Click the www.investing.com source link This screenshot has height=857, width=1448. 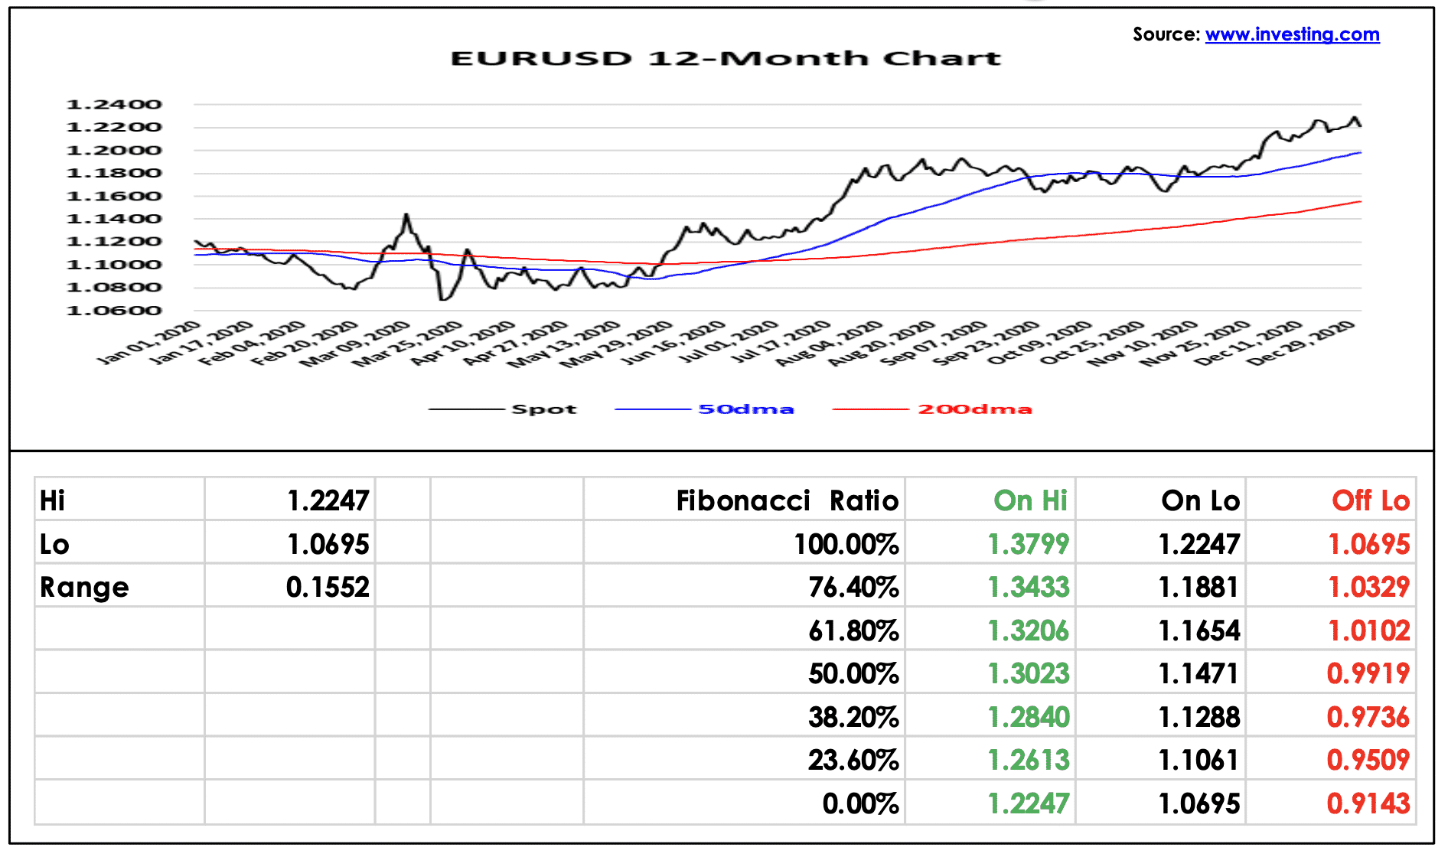point(1292,34)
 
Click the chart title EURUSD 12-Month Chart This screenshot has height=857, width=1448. point(726,59)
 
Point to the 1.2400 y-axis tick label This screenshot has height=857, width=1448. point(114,105)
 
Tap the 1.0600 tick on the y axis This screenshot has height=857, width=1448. point(114,311)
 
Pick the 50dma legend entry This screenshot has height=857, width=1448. point(704,409)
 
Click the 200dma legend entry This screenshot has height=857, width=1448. point(932,409)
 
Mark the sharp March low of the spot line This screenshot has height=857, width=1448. point(442,299)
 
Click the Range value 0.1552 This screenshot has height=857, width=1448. point(328,587)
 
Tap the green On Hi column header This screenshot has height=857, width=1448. point(1030,500)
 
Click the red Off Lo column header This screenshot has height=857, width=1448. point(1371,500)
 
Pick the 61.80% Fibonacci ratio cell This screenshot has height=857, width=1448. point(853,631)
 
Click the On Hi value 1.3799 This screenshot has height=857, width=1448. point(1028,544)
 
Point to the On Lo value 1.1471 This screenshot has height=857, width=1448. point(1199,673)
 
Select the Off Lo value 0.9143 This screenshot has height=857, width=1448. point(1368,803)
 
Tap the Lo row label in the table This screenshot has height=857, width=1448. point(54,544)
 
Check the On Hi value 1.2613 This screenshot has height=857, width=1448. point(1028,760)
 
